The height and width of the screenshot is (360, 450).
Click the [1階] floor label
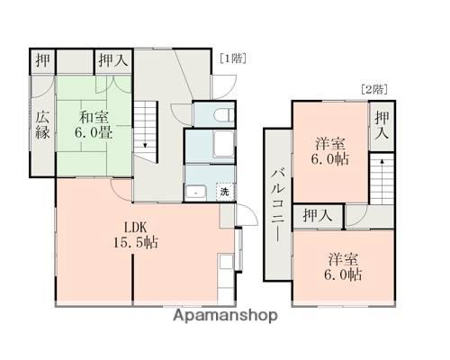click(x=233, y=58)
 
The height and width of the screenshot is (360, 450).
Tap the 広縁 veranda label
click(x=42, y=124)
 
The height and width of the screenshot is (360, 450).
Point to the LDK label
click(x=135, y=225)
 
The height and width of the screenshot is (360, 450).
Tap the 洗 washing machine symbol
click(x=224, y=191)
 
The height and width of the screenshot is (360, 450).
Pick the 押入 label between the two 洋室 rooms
click(x=316, y=216)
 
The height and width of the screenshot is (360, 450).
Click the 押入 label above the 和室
click(x=112, y=61)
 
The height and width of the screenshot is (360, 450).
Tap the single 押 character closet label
click(x=42, y=61)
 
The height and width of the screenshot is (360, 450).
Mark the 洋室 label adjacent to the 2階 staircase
click(x=331, y=144)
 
